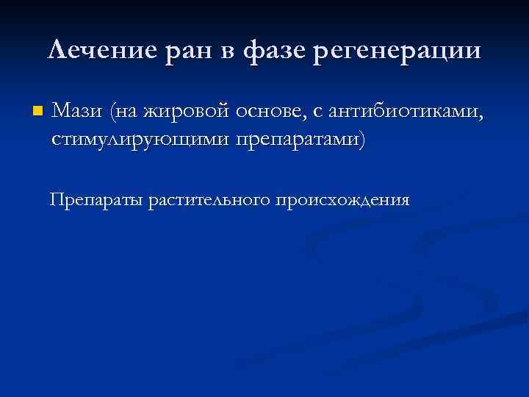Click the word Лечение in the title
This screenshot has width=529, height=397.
(96, 51)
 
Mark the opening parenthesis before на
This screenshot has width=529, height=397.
(112, 112)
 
